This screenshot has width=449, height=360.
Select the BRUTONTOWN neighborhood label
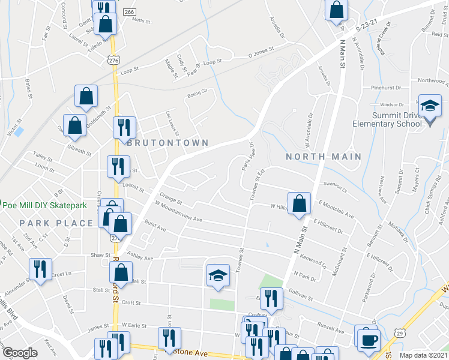pyautogui.click(x=167, y=143)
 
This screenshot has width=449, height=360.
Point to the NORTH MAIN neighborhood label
pyautogui.click(x=324, y=157)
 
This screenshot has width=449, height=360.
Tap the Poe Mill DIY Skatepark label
pyautogui.click(x=44, y=205)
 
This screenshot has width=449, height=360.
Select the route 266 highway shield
pyautogui.click(x=130, y=12)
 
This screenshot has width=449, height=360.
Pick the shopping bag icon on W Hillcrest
pyautogui.click(x=298, y=203)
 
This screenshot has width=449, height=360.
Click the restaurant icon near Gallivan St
pyautogui.click(x=273, y=298)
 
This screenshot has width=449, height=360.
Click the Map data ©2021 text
pyautogui.click(x=424, y=355)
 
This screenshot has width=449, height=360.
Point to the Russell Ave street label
pyautogui.click(x=331, y=330)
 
